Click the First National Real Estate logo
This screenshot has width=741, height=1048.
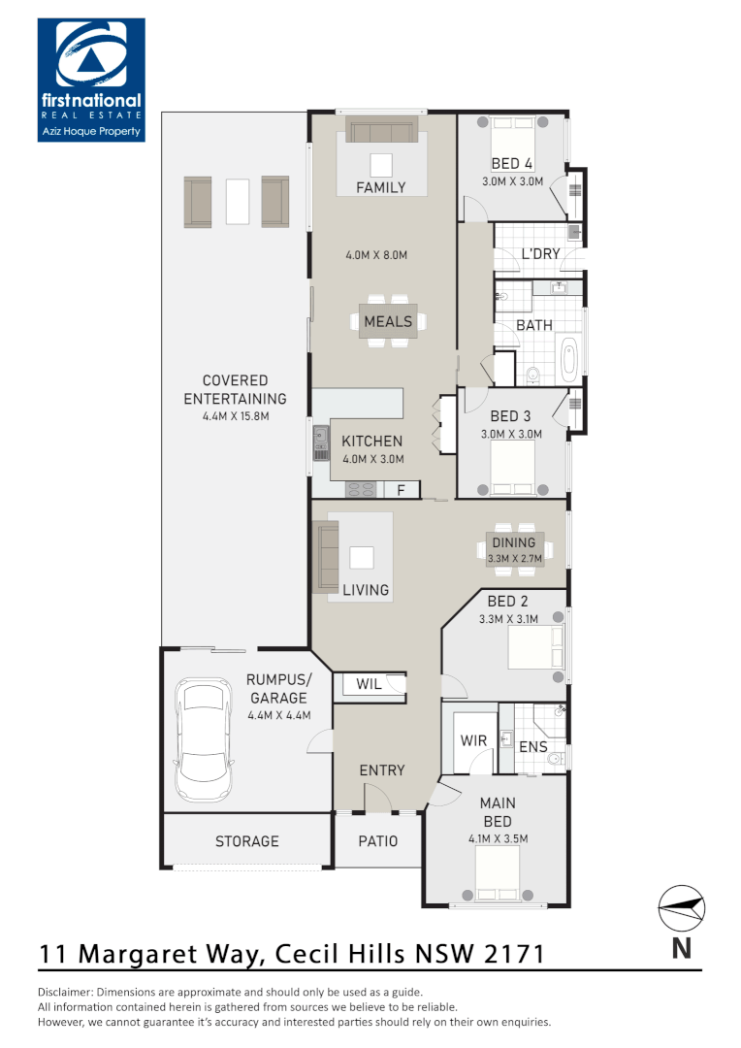tap(90, 80)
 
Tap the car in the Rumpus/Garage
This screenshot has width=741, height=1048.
tap(204, 739)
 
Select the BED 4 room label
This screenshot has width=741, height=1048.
tap(512, 164)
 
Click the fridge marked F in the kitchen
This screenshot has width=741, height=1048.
tap(401, 490)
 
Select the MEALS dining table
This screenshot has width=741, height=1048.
tap(388, 321)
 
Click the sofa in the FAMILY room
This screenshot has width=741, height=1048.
tap(380, 131)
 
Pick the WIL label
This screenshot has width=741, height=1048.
tap(369, 684)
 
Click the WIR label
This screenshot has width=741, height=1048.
tap(473, 740)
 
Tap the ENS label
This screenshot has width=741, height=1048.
tap(532, 747)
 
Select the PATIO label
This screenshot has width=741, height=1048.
tap(378, 841)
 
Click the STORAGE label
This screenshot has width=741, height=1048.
tap(246, 841)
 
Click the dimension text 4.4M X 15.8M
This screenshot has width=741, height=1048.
tap(235, 416)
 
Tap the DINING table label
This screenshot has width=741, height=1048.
tap(513, 543)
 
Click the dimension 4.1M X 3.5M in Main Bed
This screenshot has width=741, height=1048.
tap(498, 838)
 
